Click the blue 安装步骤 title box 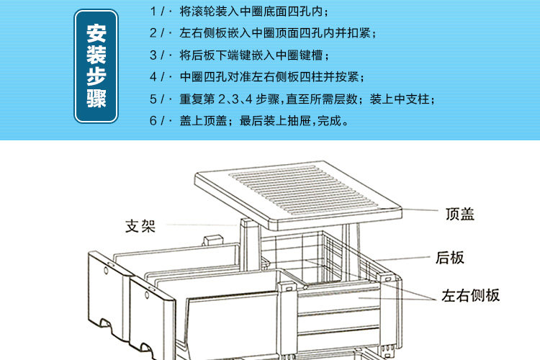96,66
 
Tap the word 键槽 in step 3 318,55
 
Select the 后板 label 450,257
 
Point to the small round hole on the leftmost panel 106,273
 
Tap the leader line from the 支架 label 202,225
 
